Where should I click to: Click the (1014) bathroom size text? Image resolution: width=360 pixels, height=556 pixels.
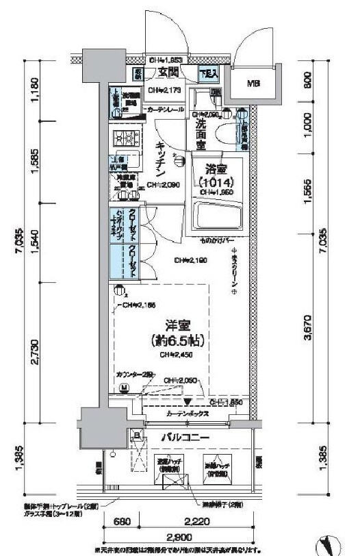216,184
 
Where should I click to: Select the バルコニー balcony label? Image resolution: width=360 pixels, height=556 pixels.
185,438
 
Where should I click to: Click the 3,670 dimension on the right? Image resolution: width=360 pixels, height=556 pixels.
309,328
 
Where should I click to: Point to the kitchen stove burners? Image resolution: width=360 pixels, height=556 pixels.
126,135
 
